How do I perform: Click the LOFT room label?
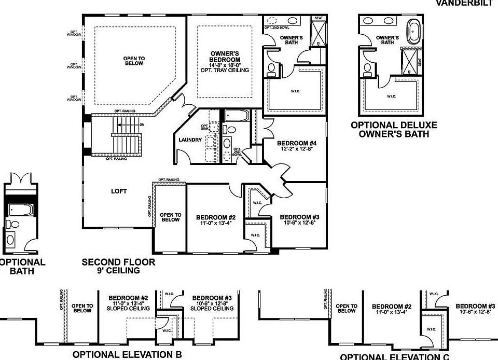pos(119,191)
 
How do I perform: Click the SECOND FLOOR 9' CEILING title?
pos(118,266)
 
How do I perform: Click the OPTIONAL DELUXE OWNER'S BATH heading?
pos(394,130)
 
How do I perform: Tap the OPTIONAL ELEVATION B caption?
pos(127,355)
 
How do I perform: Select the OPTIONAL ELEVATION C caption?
pos(394,356)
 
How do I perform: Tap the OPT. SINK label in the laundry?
pos(204,128)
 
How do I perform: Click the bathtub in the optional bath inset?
pos(20,210)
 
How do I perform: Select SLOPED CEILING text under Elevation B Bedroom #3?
pos(212,309)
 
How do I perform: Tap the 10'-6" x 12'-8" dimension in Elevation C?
pos(474,312)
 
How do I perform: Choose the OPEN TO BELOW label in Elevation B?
pos(82,309)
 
